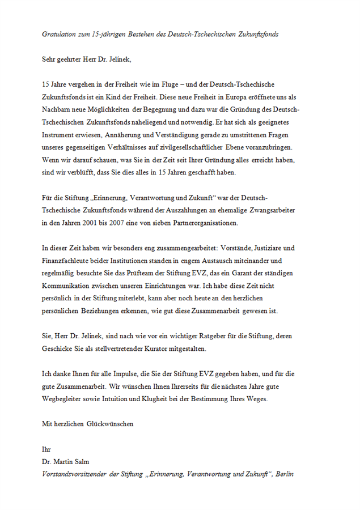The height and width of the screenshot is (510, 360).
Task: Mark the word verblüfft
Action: point(84,172)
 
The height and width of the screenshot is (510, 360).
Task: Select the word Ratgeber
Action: point(209,336)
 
